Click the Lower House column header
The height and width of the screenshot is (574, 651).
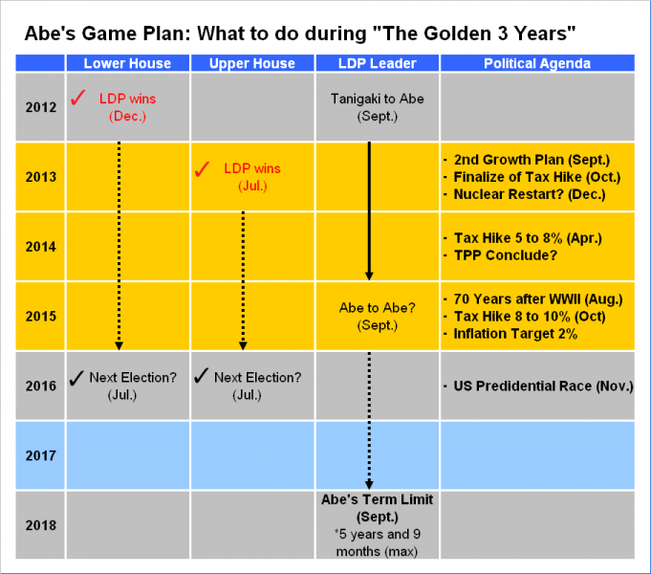(127, 63)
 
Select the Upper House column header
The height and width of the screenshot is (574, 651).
(252, 63)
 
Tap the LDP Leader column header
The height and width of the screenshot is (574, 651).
(377, 63)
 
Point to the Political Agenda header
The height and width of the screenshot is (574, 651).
(537, 63)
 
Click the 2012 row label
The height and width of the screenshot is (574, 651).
(41, 107)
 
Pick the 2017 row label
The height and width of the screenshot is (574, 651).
(41, 455)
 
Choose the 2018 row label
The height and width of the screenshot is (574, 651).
(41, 525)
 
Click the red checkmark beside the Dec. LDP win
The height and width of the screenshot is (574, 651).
(78, 98)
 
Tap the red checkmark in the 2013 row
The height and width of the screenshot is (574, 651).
(203, 168)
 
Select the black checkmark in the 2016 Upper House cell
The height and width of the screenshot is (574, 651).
(201, 376)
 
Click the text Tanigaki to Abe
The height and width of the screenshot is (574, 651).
(377, 99)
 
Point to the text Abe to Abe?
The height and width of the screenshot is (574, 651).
(377, 308)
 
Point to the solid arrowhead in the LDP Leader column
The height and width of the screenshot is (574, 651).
(369, 276)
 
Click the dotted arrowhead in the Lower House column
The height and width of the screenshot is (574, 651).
(119, 345)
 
